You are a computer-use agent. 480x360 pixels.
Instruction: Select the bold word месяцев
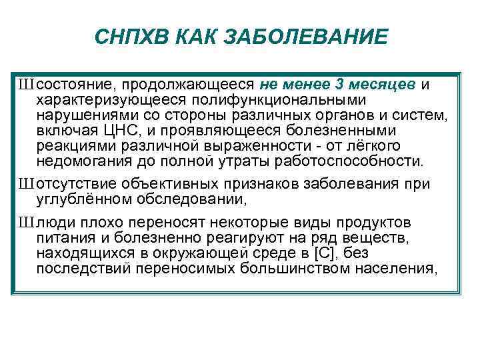[x=383, y=85]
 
